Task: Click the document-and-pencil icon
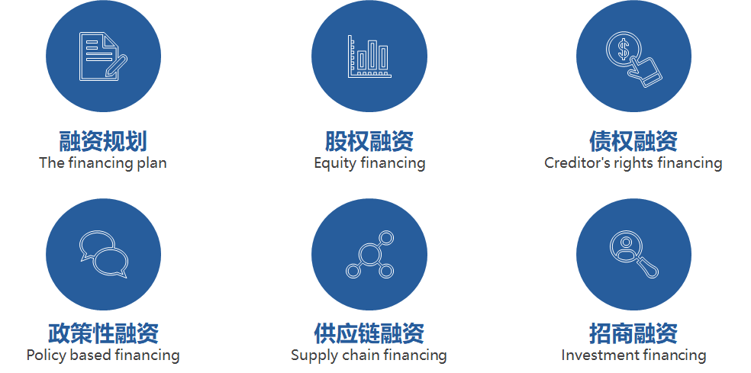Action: tap(103, 56)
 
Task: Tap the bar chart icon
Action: tap(369, 56)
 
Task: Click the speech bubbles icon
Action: tap(104, 254)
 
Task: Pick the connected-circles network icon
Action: tap(369, 254)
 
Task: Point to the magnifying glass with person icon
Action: tap(633, 254)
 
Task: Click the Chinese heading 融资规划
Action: tap(103, 141)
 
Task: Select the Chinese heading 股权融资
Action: tap(369, 141)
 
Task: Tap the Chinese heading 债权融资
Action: tap(633, 141)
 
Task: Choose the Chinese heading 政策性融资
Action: tap(103, 333)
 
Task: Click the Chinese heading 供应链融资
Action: tap(369, 333)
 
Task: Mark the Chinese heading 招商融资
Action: tap(633, 333)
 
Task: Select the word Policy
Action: tap(47, 355)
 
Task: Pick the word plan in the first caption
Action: tap(152, 163)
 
